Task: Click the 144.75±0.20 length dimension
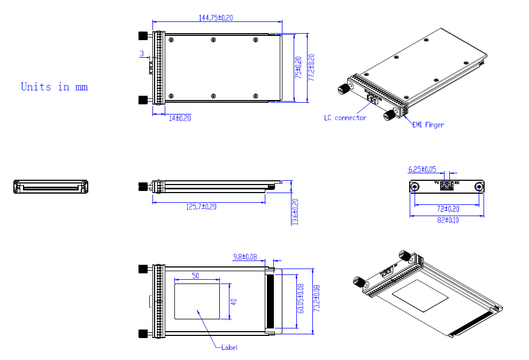[x=216, y=18]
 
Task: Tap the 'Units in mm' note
[x=54, y=87]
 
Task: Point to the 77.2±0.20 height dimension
[x=311, y=67]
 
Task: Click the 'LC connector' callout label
[x=345, y=118]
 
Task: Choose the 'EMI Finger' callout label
[x=428, y=125]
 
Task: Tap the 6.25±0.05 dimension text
[x=423, y=170]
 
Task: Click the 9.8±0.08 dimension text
[x=244, y=257]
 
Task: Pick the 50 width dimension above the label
[x=196, y=275]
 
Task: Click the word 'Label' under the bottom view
[x=229, y=348]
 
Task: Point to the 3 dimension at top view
[x=142, y=53]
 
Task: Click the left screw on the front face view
[x=415, y=187]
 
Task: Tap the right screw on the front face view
[x=479, y=187]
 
